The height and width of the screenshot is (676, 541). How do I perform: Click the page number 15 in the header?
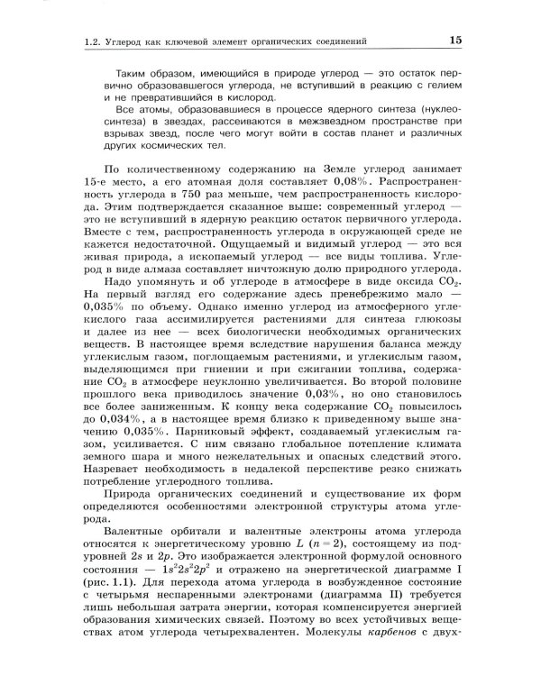pos(454,40)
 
